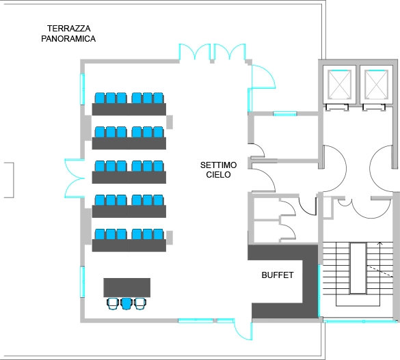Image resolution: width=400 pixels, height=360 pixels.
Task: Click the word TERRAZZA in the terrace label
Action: [69, 29]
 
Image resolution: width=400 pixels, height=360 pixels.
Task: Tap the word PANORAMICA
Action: [64, 39]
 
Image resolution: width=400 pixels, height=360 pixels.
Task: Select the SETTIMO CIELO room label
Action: [218, 169]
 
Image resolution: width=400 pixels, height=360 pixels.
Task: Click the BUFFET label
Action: [278, 275]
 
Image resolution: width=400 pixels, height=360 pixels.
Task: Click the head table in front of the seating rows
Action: [127, 287]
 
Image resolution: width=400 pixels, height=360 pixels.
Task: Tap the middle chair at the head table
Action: [126, 303]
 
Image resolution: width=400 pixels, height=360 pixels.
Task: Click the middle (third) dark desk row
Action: [129, 177]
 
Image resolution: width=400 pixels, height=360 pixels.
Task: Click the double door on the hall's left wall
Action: [74, 177]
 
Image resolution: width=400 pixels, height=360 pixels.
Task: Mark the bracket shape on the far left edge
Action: [8, 180]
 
